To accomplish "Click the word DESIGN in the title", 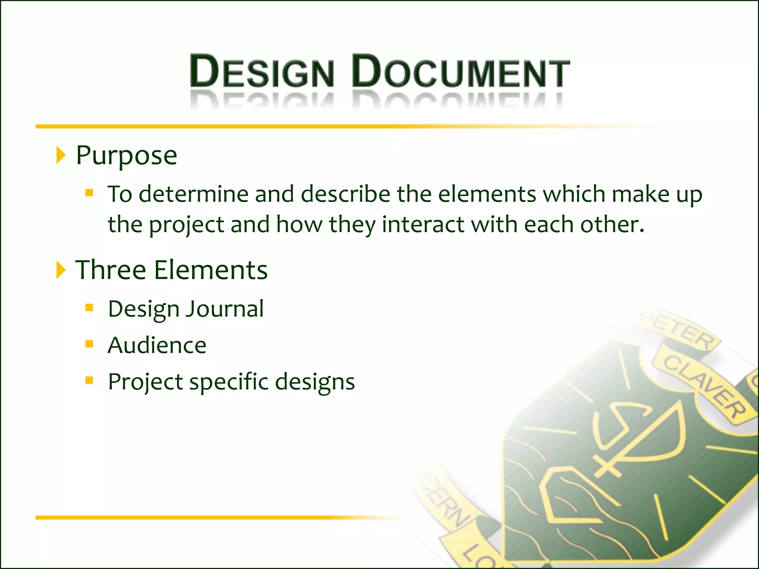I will [262, 71].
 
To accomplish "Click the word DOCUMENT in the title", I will [461, 71].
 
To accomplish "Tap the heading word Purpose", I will [126, 156].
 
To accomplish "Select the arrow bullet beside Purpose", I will [61, 155].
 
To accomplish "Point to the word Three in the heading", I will [111, 270].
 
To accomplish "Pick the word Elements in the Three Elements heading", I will [211, 270].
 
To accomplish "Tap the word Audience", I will [157, 345].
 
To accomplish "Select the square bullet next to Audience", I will [89, 344].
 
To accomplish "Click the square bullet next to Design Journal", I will [89, 307].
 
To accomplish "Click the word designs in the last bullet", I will [315, 382].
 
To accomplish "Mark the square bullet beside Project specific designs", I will [89, 380].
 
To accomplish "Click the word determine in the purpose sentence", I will [193, 194].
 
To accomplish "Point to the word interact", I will [423, 224].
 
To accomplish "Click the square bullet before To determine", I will [89, 193].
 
